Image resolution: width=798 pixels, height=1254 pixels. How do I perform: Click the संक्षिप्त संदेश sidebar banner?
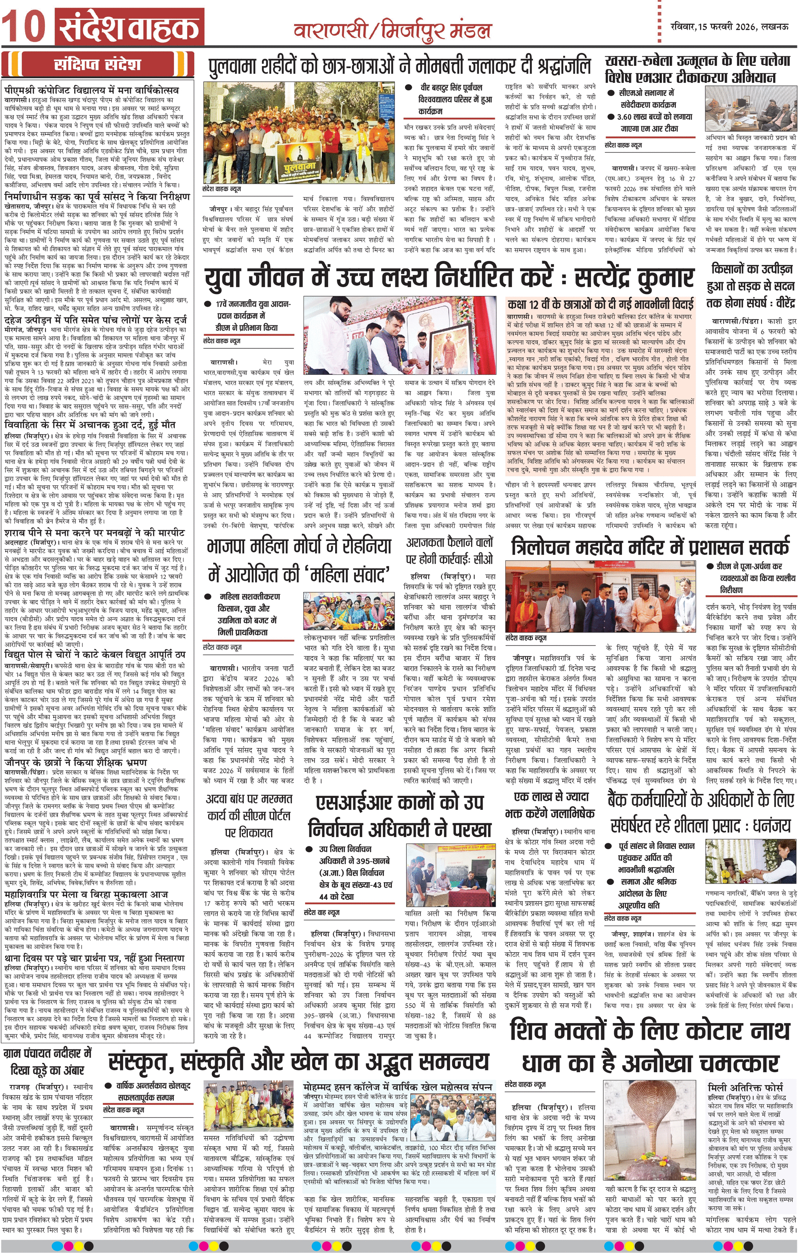point(98,65)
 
